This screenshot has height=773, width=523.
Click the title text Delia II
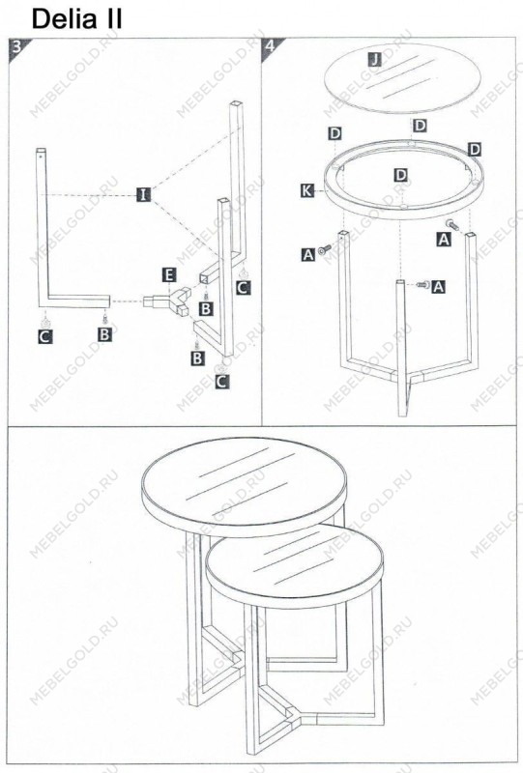tap(76, 18)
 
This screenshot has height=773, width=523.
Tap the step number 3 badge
tap(16, 46)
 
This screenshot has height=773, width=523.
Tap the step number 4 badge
tap(270, 46)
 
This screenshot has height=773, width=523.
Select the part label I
tap(143, 194)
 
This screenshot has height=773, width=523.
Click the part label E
tap(169, 275)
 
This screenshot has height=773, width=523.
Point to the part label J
tap(375, 60)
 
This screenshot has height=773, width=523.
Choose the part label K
tap(307, 190)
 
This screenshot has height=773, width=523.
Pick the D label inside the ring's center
tap(401, 175)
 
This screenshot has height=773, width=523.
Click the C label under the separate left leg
tap(44, 336)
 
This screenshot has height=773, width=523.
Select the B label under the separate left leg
tap(104, 334)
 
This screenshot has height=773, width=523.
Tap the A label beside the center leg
tap(438, 286)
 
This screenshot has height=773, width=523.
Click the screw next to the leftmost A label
tap(325, 250)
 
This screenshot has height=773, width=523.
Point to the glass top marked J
tap(402, 78)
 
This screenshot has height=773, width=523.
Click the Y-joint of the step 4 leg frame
tap(403, 377)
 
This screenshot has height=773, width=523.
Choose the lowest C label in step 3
tap(222, 381)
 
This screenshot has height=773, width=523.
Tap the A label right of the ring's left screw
tap(307, 254)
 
